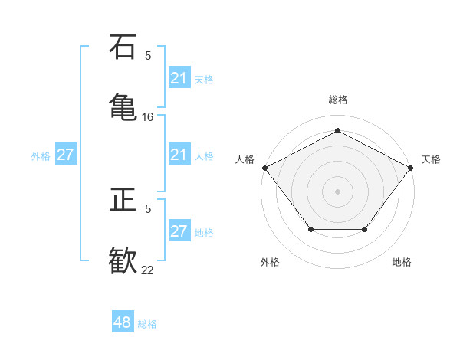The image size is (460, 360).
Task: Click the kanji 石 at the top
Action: (x=123, y=47)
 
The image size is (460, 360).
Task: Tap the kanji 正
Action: (x=123, y=201)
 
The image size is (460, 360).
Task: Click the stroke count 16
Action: (x=148, y=117)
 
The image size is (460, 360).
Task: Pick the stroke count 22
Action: (x=148, y=270)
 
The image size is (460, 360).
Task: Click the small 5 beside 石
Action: (x=148, y=55)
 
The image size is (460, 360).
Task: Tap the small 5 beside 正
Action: (x=148, y=208)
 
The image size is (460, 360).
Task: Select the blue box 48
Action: (x=123, y=322)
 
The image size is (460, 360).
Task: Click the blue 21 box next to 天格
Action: (x=179, y=78)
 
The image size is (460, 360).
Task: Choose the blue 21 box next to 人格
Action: (x=179, y=155)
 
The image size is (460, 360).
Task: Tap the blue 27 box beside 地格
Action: (x=179, y=231)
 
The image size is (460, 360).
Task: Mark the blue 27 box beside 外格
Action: (x=66, y=155)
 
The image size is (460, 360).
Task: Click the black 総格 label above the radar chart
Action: (x=337, y=100)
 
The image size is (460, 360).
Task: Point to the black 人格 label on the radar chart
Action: (x=245, y=159)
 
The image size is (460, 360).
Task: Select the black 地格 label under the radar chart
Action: (x=402, y=262)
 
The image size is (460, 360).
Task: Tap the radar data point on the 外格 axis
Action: (x=310, y=229)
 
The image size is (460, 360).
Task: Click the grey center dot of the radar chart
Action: (x=337, y=191)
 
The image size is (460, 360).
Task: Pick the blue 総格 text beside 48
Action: (x=147, y=324)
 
